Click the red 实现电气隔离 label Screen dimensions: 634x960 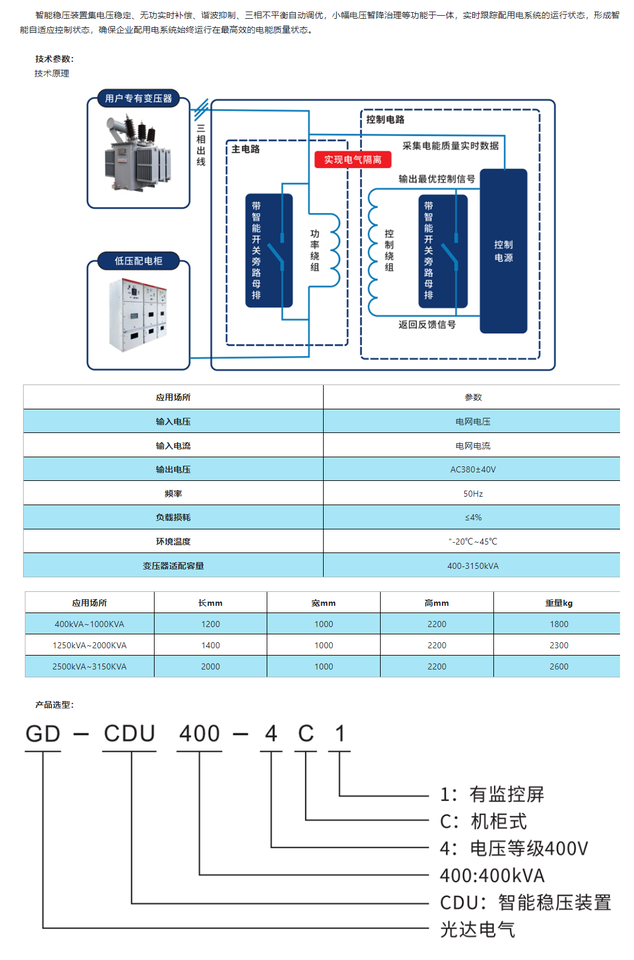coord(353,159)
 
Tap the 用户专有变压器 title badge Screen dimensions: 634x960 coord(138,98)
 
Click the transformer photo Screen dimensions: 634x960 coord(138,152)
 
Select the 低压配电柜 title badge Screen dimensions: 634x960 coord(138,261)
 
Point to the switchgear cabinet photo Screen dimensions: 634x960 coord(138,315)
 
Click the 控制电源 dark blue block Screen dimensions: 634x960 coord(503,250)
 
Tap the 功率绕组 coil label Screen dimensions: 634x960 coord(315,250)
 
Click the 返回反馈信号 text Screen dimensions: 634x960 coord(427,324)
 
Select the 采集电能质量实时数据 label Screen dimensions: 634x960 coord(451,146)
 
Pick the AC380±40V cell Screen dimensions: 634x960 coord(473,469)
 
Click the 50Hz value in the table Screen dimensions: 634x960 coord(473,494)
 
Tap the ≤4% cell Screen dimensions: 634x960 coord(473,517)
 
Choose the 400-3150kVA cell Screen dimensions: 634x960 coord(473,566)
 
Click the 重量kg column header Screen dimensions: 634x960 coord(559,603)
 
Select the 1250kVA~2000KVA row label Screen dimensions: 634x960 coord(90,645)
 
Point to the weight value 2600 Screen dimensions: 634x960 coord(559,666)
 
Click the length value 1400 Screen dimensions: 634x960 coord(210,645)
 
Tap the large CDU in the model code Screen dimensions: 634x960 coord(129,733)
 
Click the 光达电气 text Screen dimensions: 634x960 coord(478,929)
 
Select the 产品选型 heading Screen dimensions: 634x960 coord(55,705)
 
